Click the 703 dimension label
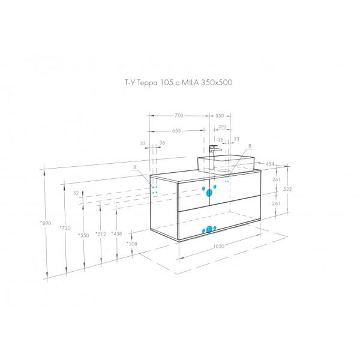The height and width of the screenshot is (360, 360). click(x=178, y=115)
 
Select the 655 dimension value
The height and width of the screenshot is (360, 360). click(x=176, y=130)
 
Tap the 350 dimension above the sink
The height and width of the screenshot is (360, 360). click(x=220, y=115)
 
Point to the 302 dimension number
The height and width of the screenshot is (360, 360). click(x=222, y=127)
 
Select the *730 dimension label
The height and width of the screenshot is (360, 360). click(x=65, y=229)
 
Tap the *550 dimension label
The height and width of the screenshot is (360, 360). click(x=83, y=235)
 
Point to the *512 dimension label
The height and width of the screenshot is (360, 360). click(x=100, y=234)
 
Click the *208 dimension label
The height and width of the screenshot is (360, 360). click(x=131, y=244)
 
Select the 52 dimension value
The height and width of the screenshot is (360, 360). click(x=76, y=193)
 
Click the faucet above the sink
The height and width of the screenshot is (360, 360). click(x=213, y=149)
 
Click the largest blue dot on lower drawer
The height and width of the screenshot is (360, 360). click(x=210, y=229)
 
